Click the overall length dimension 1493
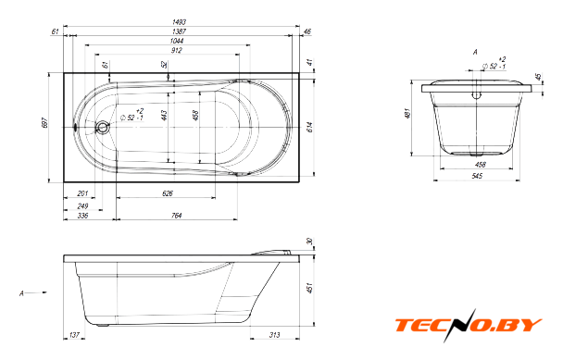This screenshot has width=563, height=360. point(179,22)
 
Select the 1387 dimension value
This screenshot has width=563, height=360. point(179,31)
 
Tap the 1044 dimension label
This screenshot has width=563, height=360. point(176,41)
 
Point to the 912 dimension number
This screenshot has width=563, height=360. point(176,50)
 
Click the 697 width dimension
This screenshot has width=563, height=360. point(44,123)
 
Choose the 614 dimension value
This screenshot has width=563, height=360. point(310,127)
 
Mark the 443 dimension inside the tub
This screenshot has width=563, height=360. point(164,116)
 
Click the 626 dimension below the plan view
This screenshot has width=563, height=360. point(168,193)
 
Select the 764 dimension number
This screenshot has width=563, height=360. point(176,216)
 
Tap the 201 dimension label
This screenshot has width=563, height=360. point(82,193)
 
